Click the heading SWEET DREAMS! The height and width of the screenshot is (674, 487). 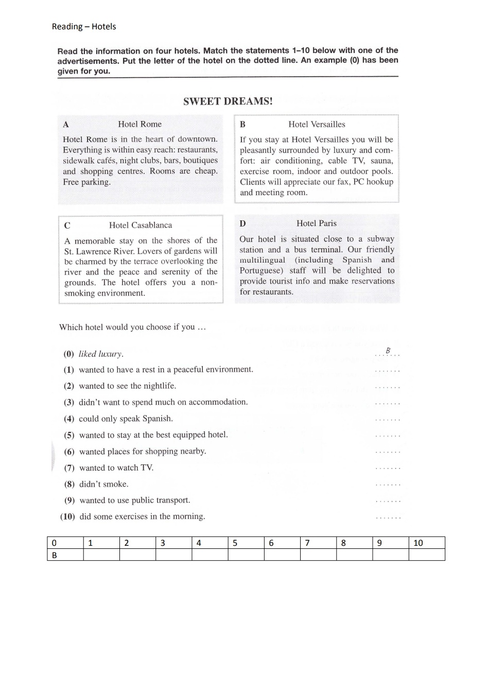[228, 101]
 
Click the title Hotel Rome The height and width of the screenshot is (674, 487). [140, 124]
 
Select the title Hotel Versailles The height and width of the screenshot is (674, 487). [317, 124]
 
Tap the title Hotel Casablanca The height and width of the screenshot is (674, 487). [141, 225]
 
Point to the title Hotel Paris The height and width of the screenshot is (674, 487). [316, 223]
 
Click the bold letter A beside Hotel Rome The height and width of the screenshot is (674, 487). [65, 125]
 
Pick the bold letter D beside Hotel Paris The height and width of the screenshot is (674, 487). [242, 223]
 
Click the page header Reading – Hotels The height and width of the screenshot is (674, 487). [84, 27]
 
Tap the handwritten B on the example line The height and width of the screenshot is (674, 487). [388, 351]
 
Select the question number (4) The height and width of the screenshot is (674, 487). [69, 419]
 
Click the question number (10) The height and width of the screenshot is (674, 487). [67, 516]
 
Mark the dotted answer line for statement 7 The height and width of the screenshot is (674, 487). [388, 469]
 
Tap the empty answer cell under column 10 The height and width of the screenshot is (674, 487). [426, 555]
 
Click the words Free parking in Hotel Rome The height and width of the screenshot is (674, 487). [86, 182]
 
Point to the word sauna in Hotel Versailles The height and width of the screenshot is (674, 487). [381, 161]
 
